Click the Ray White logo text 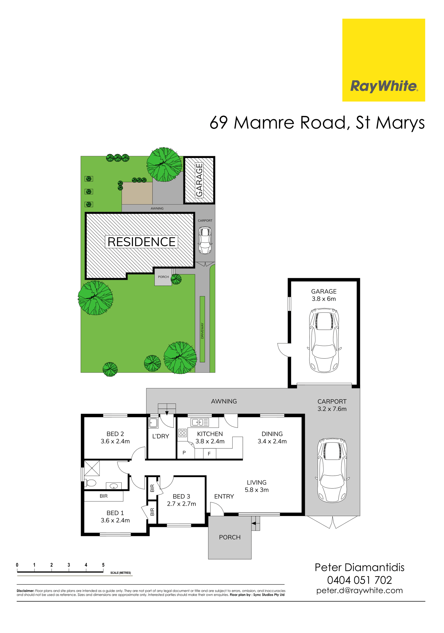coord(384,86)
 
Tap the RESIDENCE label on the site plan coord(141,242)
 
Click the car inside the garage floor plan coord(324,341)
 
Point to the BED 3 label coord(181,496)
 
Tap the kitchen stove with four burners coord(182,433)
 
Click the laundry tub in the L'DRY coord(153,423)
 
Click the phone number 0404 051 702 coord(359,580)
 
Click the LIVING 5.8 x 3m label coord(257,486)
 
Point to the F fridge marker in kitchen coord(209,453)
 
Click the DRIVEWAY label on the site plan coord(202,331)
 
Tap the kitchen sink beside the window coord(200,422)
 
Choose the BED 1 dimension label coord(115,520)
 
